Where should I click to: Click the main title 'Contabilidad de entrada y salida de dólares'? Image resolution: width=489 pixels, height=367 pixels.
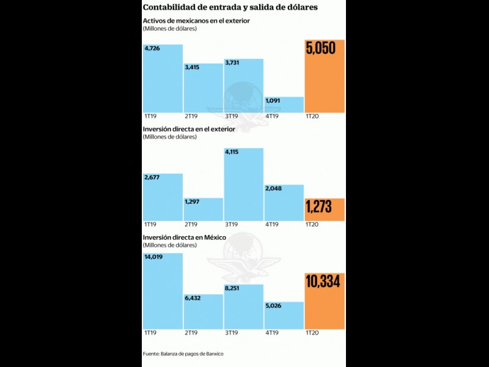click(x=230, y=7)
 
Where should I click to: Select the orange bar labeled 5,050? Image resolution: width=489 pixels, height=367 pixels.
click(x=325, y=76)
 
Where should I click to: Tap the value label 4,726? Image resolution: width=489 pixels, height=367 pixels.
click(x=152, y=49)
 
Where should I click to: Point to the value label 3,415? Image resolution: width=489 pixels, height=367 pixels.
click(x=193, y=67)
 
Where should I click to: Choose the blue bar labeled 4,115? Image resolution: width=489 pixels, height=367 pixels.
click(x=243, y=187)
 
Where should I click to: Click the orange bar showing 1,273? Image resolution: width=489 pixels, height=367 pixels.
click(x=325, y=209)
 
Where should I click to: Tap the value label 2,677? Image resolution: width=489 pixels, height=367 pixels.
click(x=152, y=178)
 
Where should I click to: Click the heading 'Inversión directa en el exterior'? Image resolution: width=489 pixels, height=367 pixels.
click(x=192, y=129)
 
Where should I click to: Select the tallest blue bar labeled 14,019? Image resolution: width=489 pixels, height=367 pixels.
click(x=163, y=294)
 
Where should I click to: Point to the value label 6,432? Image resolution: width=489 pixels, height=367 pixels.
click(x=194, y=299)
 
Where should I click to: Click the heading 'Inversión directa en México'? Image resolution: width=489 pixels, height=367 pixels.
click(x=185, y=237)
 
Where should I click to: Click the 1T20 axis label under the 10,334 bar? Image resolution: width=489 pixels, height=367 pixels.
click(x=312, y=335)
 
